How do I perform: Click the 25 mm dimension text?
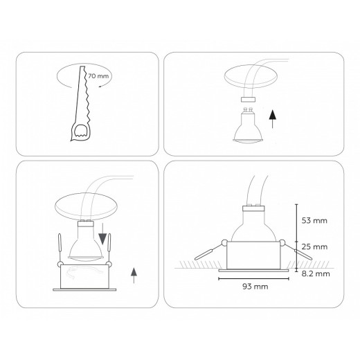pos(315,246)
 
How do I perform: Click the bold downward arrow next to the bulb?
pos(105,238)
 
